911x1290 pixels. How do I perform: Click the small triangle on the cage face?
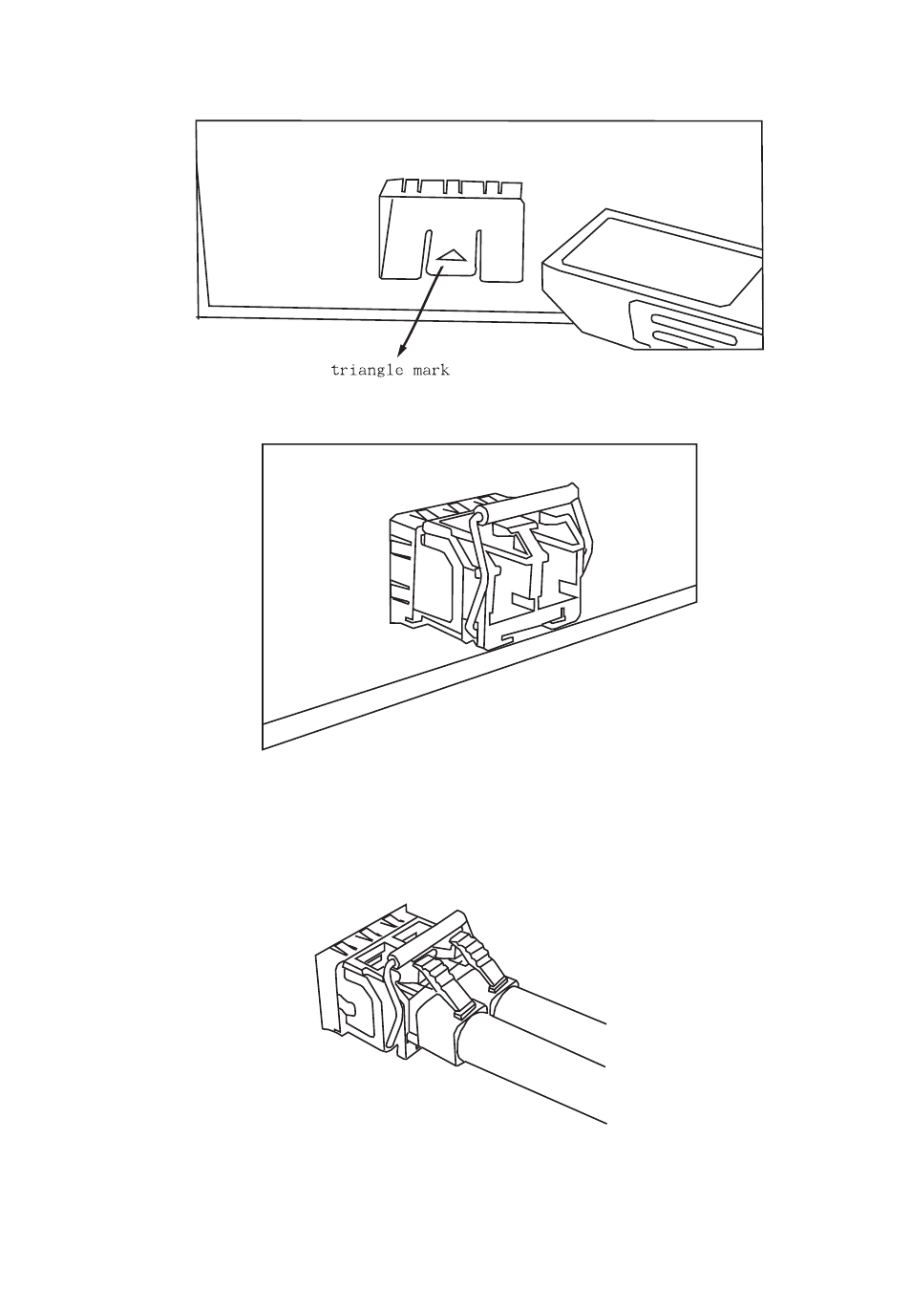tap(451, 256)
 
